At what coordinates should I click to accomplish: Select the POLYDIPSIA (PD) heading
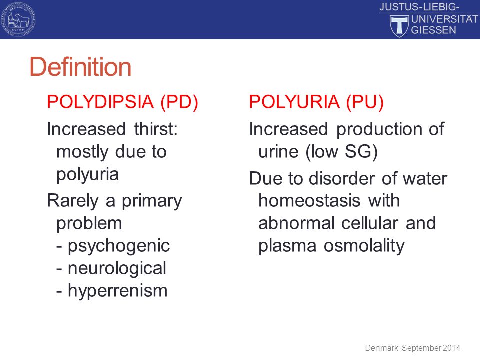pyautogui.click(x=123, y=102)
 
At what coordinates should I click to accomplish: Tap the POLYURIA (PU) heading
pyautogui.click(x=316, y=102)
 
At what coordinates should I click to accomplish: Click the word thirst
pyautogui.click(x=156, y=129)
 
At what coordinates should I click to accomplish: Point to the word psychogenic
pyautogui.click(x=119, y=246)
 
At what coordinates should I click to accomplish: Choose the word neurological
pyautogui.click(x=117, y=268)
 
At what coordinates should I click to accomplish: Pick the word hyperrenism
pyautogui.click(x=118, y=291)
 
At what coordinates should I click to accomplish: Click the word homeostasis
pyautogui.click(x=309, y=201)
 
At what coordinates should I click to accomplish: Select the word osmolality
pyautogui.click(x=364, y=246)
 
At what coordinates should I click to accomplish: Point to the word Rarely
pyautogui.click(x=73, y=201)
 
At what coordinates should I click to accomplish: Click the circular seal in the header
pyautogui.click(x=18, y=19)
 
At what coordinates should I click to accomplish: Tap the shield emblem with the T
pyautogui.click(x=399, y=26)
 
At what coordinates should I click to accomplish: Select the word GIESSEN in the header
pyautogui.click(x=434, y=30)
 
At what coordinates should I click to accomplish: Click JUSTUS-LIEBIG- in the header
pyautogui.click(x=419, y=7)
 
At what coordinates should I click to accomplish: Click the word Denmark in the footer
pyautogui.click(x=381, y=348)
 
